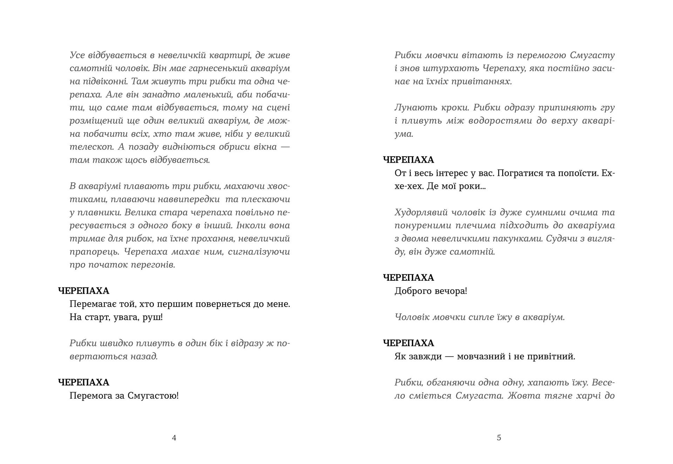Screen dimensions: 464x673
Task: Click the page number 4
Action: tap(174, 438)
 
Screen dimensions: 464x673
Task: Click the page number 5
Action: tap(499, 438)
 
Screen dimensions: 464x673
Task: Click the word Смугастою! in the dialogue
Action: tap(153, 396)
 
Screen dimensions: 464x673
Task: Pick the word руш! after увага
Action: tap(153, 317)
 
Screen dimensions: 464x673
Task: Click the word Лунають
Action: tap(414, 108)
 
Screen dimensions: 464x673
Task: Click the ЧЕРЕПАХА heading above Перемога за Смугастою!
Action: tap(84, 382)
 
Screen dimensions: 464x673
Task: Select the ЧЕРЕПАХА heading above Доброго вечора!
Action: tap(409, 278)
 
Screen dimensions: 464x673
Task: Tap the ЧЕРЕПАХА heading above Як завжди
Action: tap(409, 343)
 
